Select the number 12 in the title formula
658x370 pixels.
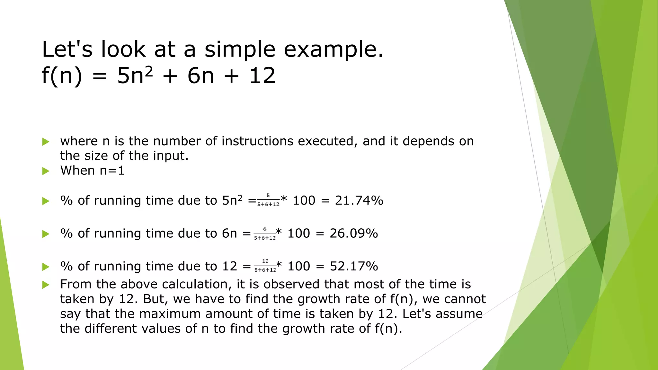(x=262, y=76)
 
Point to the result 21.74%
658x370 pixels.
(x=359, y=200)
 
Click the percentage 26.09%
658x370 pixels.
(x=354, y=233)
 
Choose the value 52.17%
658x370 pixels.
(x=354, y=266)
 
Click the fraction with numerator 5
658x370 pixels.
(x=268, y=200)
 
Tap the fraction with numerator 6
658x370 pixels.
(x=265, y=233)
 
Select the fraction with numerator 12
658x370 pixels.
(x=265, y=266)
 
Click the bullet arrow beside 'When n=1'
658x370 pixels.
(x=46, y=171)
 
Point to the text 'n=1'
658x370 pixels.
(x=112, y=171)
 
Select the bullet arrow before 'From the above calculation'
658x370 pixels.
(x=46, y=285)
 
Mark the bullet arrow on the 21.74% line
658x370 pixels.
(x=46, y=201)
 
